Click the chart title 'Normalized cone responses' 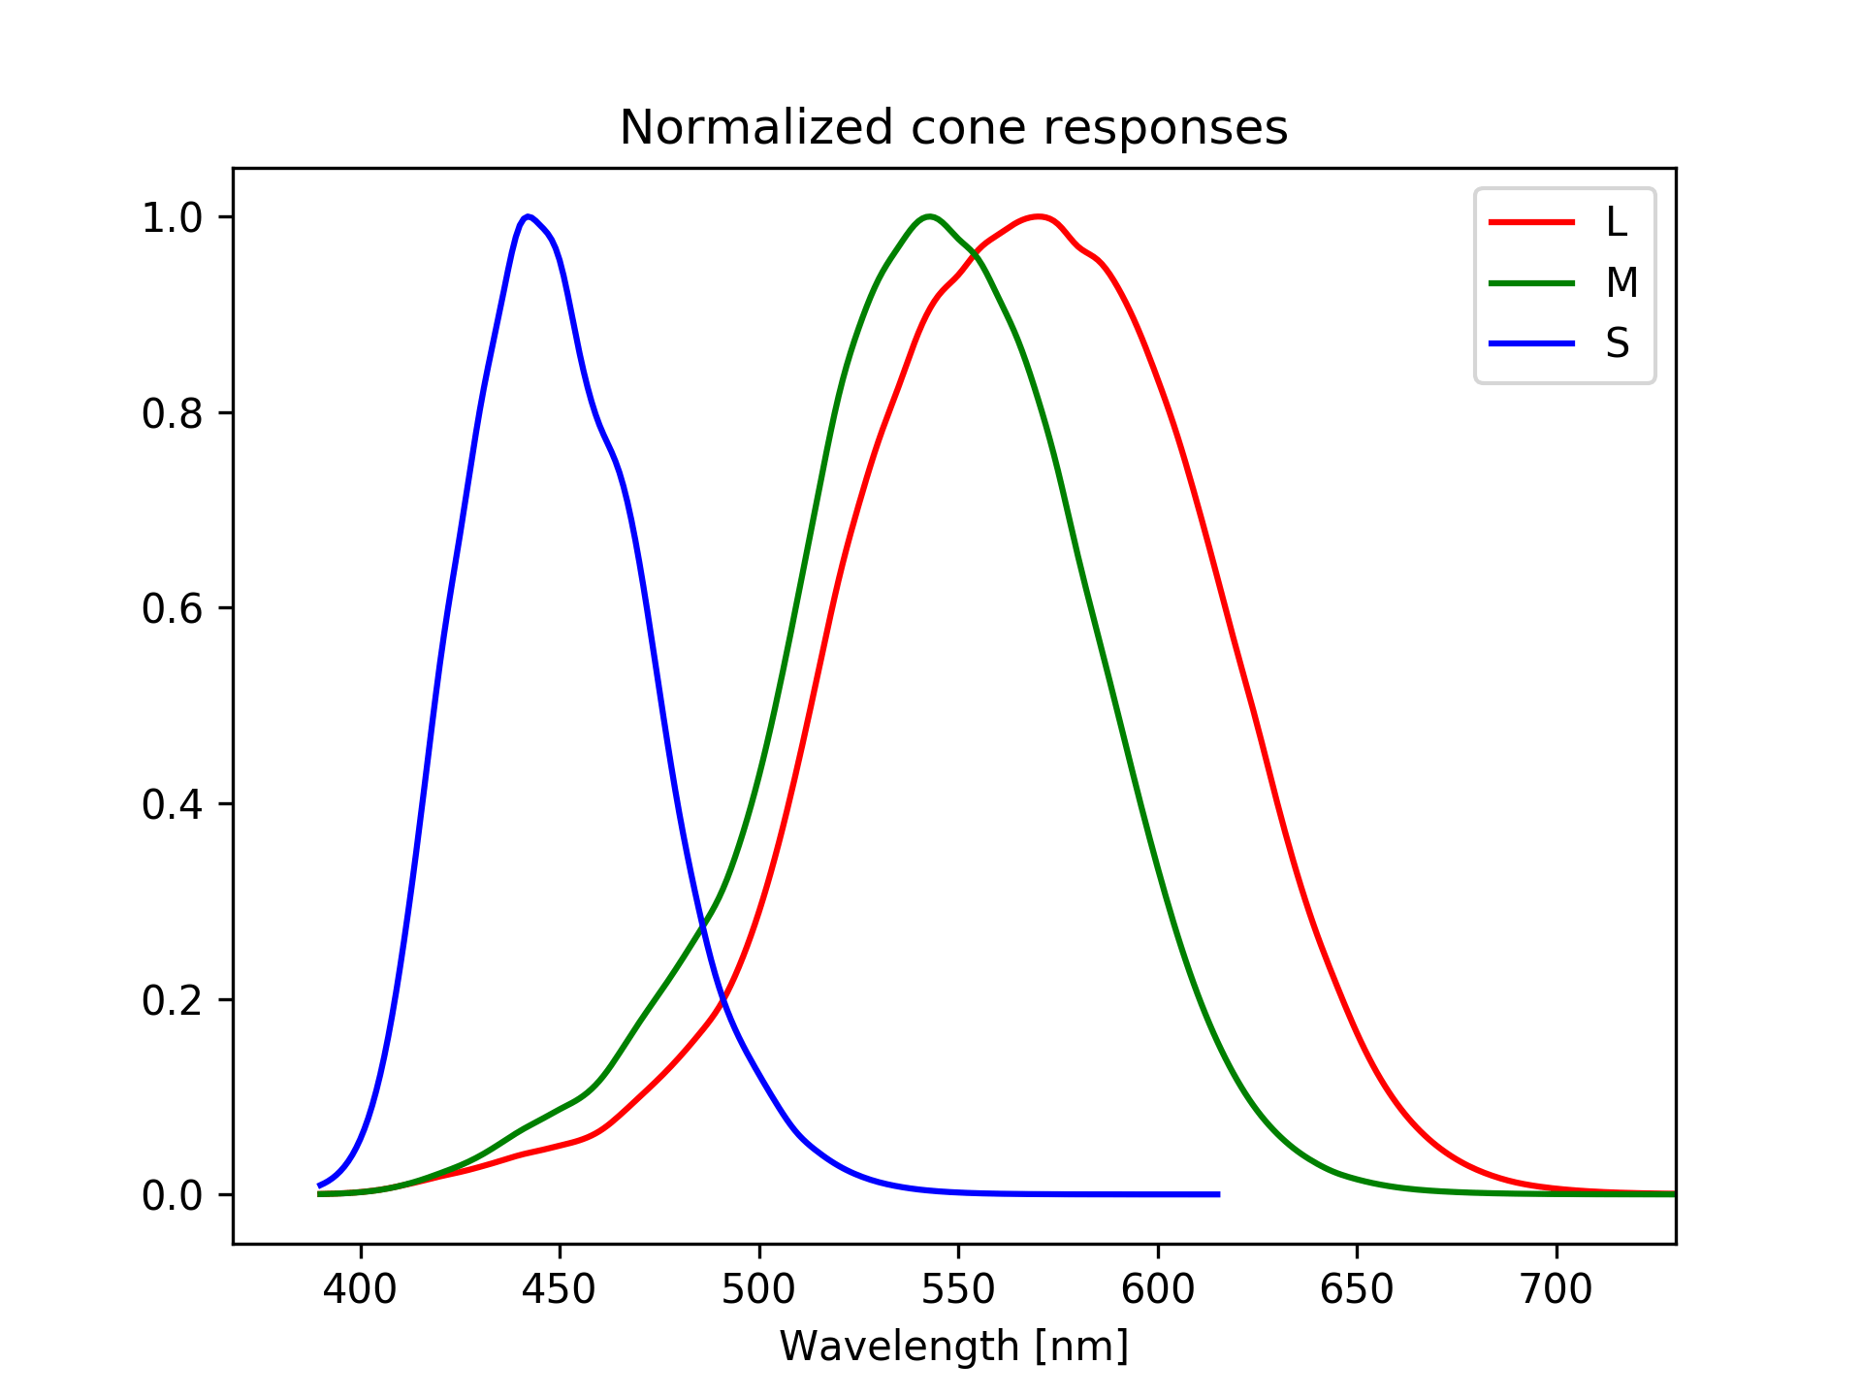tap(953, 128)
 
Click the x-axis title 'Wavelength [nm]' tap(953, 1347)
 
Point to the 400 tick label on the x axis tap(361, 1289)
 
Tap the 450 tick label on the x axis tap(560, 1289)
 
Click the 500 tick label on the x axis tap(759, 1289)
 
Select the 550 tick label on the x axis tap(958, 1289)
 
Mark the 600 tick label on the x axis tap(1158, 1289)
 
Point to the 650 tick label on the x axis tap(1357, 1289)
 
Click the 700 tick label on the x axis tap(1557, 1289)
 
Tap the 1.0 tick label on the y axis tap(173, 217)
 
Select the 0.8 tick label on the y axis tap(173, 413)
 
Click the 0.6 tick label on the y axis tap(173, 608)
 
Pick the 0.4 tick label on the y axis tap(173, 804)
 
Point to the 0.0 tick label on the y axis tap(173, 1195)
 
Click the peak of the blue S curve tap(528, 216)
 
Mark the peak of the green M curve tap(929, 216)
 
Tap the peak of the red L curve tap(1039, 216)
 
